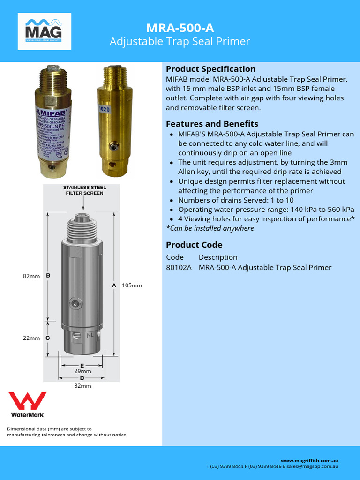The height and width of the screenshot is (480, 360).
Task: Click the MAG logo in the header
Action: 44,31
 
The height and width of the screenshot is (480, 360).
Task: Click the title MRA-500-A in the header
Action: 180,28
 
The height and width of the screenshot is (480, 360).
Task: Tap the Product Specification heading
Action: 211,69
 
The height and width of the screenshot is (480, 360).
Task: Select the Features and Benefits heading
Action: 212,124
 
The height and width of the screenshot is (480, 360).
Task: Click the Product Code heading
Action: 194,245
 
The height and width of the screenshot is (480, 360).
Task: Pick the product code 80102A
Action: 179,267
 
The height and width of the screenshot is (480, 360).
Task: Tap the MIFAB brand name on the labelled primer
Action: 52,112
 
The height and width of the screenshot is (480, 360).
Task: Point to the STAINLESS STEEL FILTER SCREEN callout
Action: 84,190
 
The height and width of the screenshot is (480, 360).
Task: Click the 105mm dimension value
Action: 132,285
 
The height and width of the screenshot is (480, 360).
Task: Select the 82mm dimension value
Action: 31,276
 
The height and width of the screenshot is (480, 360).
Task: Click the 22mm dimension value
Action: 31,338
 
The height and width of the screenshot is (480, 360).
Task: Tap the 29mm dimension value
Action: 82,371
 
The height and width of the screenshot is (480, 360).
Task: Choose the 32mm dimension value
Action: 82,386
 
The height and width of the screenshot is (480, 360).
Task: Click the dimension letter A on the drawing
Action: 114,285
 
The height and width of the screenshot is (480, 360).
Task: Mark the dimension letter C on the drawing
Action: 48,338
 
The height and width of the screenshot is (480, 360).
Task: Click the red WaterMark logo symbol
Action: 28,401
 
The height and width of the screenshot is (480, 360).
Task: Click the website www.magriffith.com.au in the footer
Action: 309,461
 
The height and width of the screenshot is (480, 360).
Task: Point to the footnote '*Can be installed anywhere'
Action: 210,228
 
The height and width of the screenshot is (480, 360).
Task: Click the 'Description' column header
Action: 218,257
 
